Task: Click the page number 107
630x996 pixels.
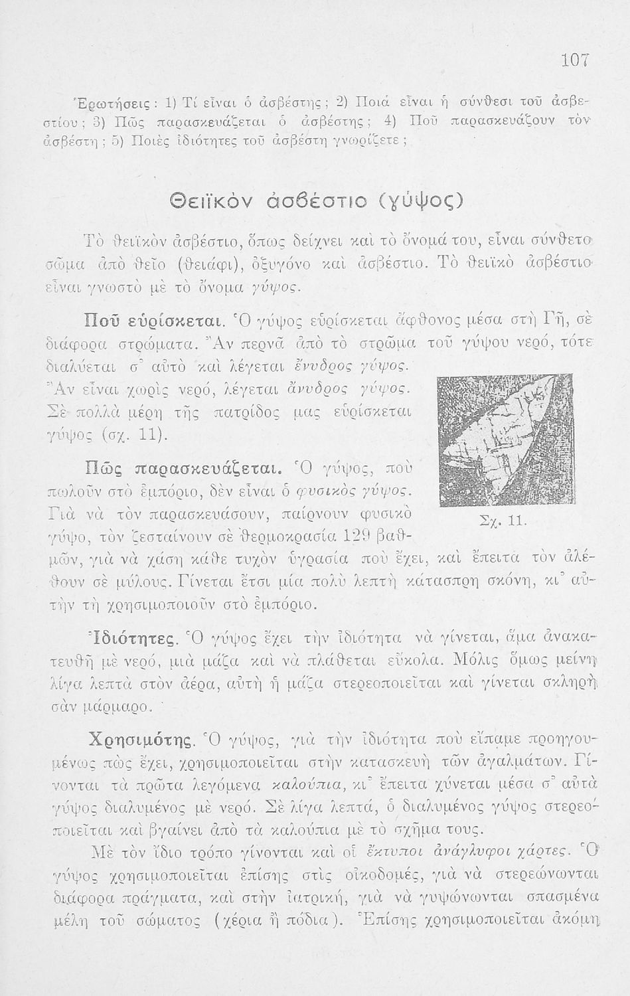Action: (x=575, y=60)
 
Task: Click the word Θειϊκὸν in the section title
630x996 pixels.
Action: (x=215, y=199)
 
